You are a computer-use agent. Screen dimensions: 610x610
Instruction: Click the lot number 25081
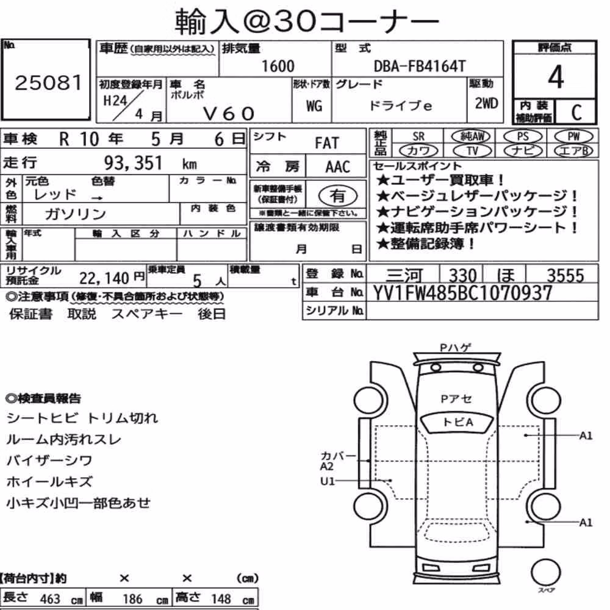pyautogui.click(x=49, y=82)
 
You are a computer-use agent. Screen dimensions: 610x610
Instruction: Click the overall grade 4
pyautogui.click(x=556, y=77)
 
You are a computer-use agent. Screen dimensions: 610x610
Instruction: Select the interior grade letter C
pyautogui.click(x=576, y=112)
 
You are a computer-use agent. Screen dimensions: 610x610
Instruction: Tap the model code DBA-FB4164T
pyautogui.click(x=420, y=66)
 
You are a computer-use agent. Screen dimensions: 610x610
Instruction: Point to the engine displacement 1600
pyautogui.click(x=278, y=66)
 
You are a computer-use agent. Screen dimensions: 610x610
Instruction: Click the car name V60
pyautogui.click(x=229, y=113)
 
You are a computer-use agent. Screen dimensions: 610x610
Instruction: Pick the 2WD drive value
pyautogui.click(x=486, y=104)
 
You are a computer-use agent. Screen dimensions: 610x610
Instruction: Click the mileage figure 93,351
pyautogui.click(x=133, y=163)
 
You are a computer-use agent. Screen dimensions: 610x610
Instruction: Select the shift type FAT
pyautogui.click(x=327, y=143)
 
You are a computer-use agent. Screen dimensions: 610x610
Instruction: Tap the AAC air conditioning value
pyautogui.click(x=338, y=167)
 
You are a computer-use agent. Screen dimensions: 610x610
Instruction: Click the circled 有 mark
pyautogui.click(x=338, y=196)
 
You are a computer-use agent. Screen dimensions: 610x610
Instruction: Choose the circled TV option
pyautogui.click(x=472, y=151)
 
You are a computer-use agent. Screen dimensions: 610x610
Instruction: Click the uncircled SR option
pyautogui.click(x=418, y=137)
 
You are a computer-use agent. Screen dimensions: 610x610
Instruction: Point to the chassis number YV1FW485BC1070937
pyautogui.click(x=462, y=293)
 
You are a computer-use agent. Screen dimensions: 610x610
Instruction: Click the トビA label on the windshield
pyautogui.click(x=457, y=422)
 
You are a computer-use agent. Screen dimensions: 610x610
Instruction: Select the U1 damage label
pyautogui.click(x=327, y=481)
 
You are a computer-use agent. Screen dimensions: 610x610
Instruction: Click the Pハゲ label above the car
pyautogui.click(x=456, y=348)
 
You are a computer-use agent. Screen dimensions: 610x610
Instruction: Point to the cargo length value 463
pyautogui.click(x=50, y=599)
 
